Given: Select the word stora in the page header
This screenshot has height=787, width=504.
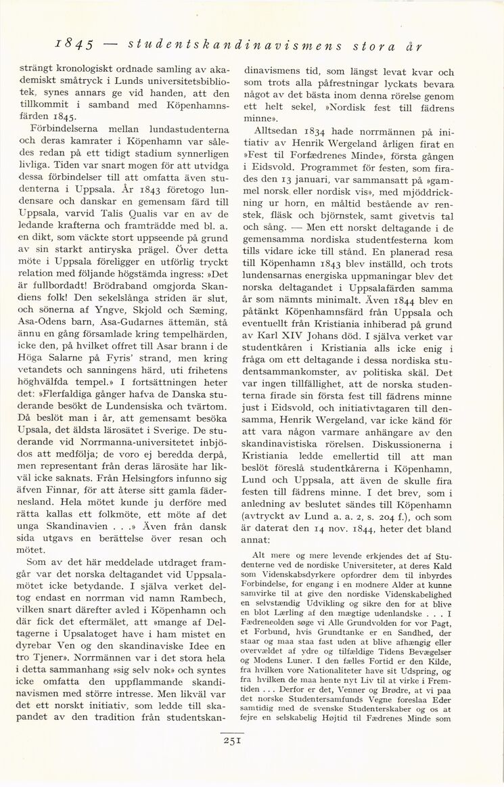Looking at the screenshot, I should pos(372,47).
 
